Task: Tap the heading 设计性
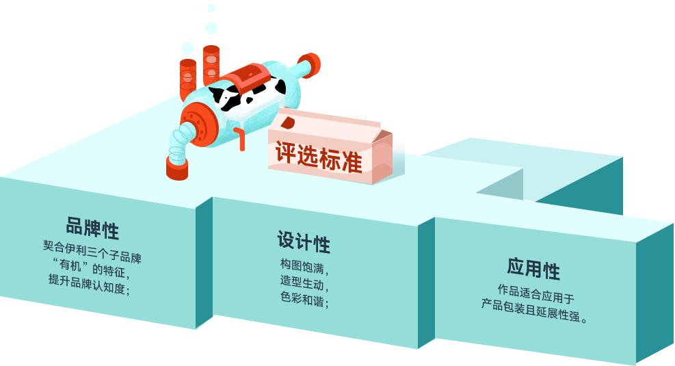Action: [304, 241]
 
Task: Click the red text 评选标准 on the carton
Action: [319, 157]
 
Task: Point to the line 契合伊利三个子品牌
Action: [92, 252]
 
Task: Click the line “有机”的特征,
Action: [91, 267]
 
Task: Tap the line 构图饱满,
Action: [304, 266]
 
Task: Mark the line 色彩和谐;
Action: [304, 299]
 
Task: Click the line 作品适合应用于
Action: [536, 293]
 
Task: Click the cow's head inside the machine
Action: [226, 98]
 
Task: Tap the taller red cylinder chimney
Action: [211, 64]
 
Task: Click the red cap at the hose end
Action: [177, 168]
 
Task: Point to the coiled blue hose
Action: [180, 143]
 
